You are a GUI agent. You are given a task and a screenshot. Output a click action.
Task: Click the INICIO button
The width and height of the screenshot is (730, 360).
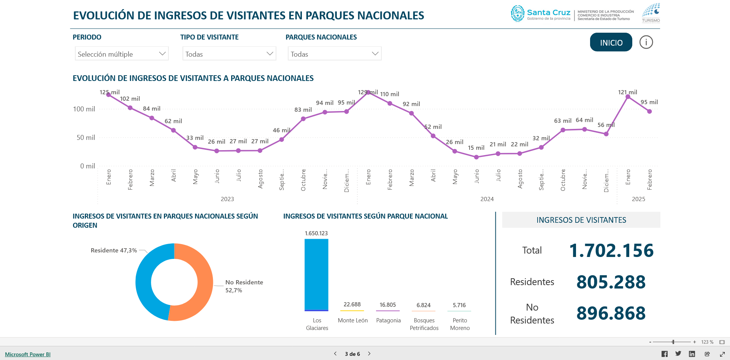(x=611, y=42)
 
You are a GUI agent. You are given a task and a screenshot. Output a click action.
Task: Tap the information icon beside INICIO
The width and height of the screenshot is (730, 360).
(x=646, y=42)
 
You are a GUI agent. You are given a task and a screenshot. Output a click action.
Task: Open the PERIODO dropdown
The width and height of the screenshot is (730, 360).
(x=122, y=54)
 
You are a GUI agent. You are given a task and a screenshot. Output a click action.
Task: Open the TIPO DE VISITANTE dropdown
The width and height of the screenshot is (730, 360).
(x=229, y=54)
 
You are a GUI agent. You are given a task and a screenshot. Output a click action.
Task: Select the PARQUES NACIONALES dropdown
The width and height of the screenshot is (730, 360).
(x=335, y=54)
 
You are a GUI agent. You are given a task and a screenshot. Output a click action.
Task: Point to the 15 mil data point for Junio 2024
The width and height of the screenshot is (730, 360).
(x=476, y=157)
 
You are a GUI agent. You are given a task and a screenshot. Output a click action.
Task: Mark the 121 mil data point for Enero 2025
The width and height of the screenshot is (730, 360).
(x=628, y=97)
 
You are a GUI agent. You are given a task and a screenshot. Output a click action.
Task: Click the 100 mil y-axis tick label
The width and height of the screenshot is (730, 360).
(x=84, y=109)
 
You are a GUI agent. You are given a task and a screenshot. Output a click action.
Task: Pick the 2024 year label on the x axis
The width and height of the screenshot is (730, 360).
(x=487, y=199)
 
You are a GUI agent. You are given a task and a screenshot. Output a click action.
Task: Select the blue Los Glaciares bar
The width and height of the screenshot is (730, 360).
(x=316, y=275)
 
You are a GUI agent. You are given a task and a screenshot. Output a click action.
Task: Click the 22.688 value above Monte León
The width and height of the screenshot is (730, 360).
(x=352, y=304)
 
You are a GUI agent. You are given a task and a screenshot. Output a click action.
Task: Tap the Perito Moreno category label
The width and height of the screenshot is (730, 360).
(x=460, y=324)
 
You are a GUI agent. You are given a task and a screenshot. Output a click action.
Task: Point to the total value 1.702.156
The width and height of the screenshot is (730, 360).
(x=611, y=251)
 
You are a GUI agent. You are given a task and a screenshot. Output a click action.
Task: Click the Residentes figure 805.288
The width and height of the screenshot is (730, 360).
(x=611, y=282)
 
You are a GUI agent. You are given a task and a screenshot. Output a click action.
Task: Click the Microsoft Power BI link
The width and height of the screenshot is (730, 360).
(x=28, y=354)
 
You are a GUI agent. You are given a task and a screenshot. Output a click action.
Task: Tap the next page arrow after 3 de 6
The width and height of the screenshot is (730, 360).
(x=369, y=354)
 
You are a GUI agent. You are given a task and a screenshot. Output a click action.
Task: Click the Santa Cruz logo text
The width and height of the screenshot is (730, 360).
(x=549, y=12)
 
